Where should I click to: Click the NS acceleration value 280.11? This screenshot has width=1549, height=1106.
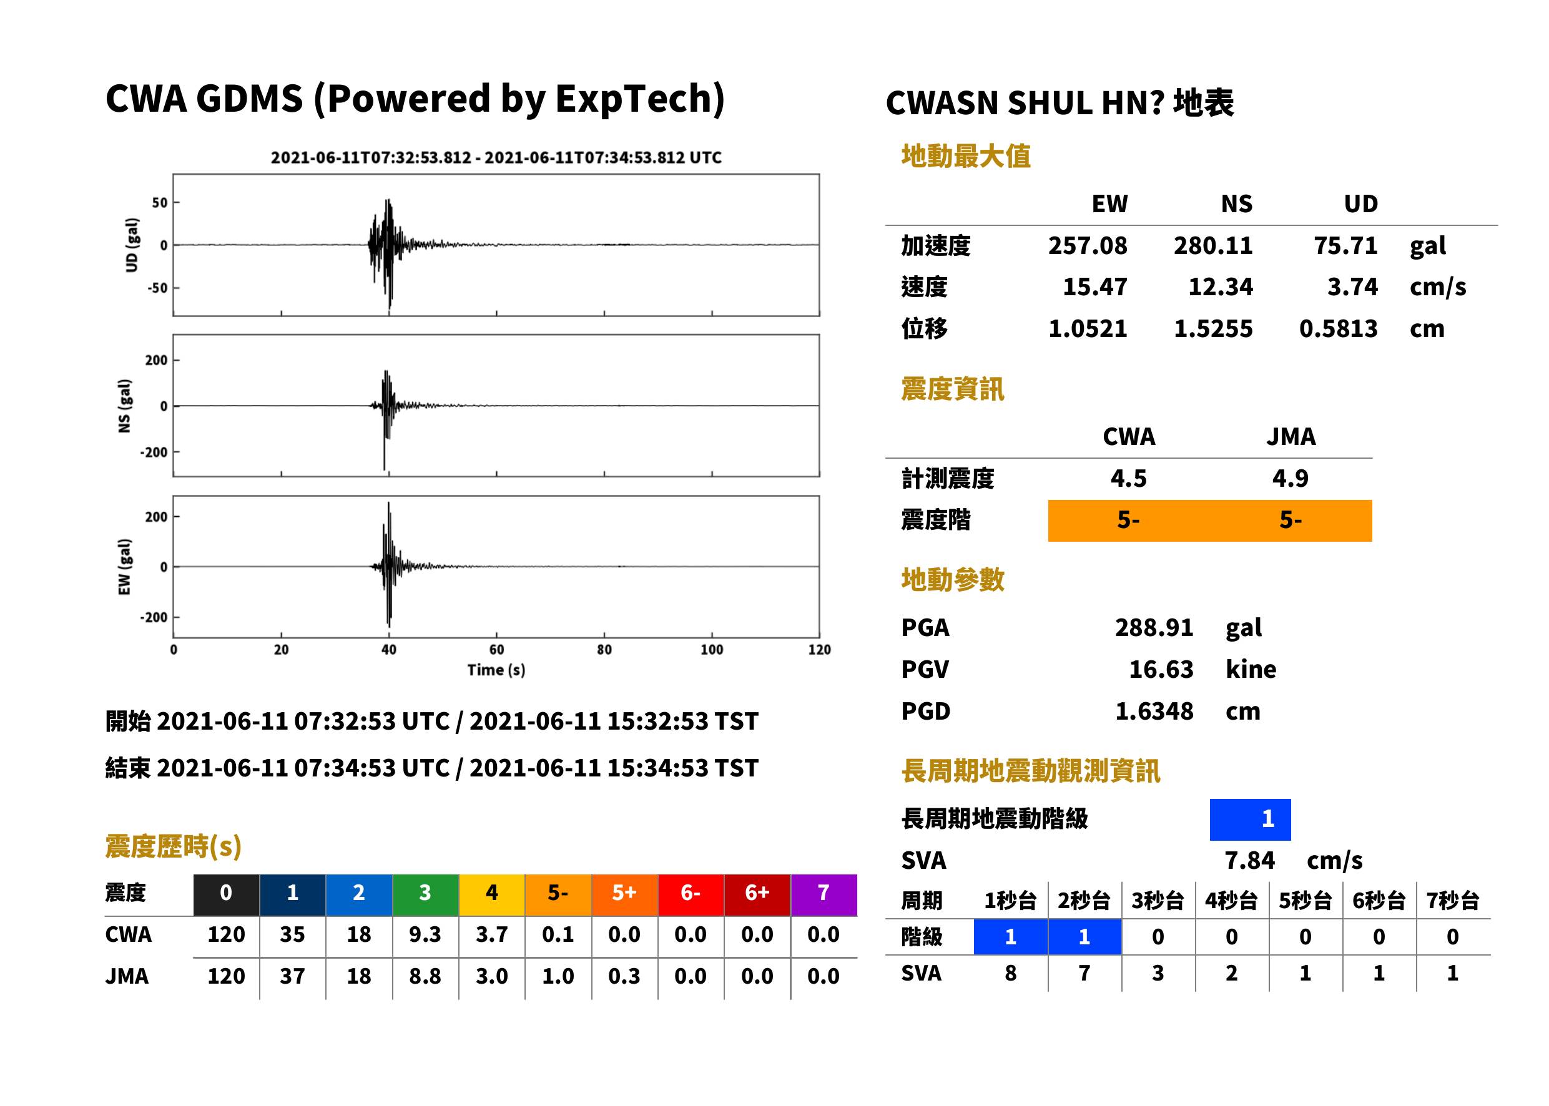1212,246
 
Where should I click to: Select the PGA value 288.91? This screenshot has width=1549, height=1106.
1154,627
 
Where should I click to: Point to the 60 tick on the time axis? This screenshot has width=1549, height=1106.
496,650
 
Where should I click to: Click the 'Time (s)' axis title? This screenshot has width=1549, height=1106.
496,670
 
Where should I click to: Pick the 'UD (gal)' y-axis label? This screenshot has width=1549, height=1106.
132,245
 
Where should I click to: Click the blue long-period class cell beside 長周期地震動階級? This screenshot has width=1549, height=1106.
1250,820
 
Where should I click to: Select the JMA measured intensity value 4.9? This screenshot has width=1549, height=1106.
1290,478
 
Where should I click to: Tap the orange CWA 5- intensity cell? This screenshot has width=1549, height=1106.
1129,521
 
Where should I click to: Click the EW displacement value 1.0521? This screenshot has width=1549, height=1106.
1087,329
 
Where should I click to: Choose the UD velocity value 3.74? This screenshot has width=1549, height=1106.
1352,286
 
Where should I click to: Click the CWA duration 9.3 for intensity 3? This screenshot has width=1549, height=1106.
425,934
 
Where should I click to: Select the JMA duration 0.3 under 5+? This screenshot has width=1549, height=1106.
624,977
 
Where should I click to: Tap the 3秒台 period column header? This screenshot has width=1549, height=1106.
1158,901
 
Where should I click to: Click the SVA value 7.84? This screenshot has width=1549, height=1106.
1249,861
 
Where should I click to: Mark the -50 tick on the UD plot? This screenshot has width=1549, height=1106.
157,288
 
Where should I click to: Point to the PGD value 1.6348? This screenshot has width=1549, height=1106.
1154,712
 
